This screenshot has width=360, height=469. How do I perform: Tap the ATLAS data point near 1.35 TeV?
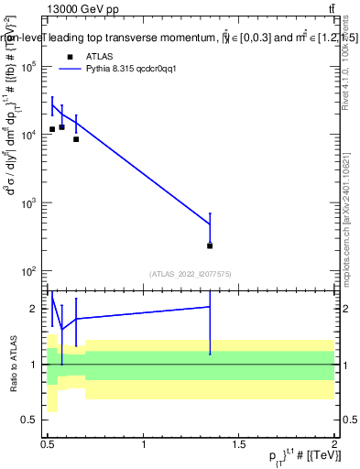(210, 245)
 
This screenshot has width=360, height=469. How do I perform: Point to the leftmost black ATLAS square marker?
(52, 129)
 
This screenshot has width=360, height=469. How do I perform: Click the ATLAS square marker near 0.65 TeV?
(76, 139)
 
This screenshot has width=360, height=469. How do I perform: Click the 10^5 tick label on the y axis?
(30, 67)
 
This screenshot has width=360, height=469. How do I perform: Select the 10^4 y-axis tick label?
(30, 136)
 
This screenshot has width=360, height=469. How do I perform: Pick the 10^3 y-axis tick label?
(30, 203)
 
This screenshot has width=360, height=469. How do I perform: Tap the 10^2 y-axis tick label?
(30, 272)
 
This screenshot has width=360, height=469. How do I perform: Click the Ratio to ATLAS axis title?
(12, 364)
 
